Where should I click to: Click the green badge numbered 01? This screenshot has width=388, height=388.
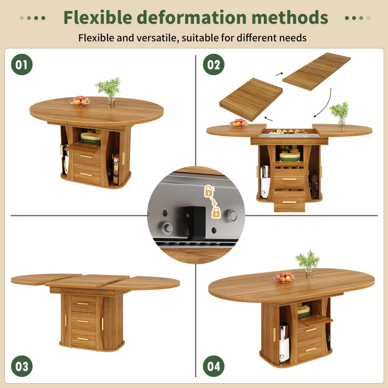pyautogui.click(x=22, y=65)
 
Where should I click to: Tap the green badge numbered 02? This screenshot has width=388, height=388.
pyautogui.click(x=214, y=65)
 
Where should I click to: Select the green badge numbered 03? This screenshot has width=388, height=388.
pyautogui.click(x=22, y=366)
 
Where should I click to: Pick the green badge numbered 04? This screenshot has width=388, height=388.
pyautogui.click(x=214, y=366)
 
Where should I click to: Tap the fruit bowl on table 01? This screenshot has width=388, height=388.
pyautogui.click(x=80, y=101)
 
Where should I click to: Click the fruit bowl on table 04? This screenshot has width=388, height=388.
pyautogui.click(x=284, y=277)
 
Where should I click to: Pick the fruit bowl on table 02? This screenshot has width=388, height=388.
pyautogui.click(x=238, y=123)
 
